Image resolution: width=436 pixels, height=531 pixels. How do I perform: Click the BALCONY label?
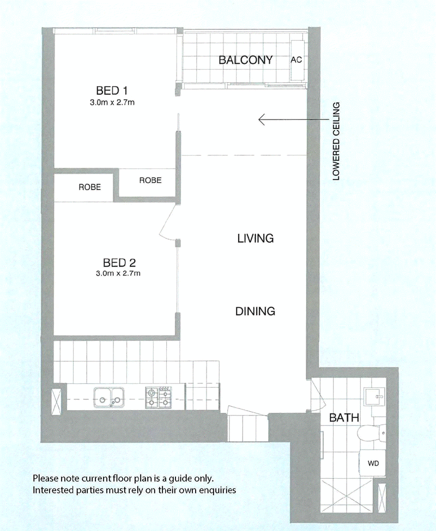click(245, 60)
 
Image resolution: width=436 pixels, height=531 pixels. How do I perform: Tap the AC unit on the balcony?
click(297, 60)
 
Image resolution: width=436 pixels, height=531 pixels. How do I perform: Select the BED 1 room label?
click(112, 90)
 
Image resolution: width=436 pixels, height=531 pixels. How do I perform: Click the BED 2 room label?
click(119, 263)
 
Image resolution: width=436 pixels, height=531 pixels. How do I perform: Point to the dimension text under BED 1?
click(112, 102)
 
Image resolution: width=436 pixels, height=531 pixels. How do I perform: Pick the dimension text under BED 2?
click(118, 273)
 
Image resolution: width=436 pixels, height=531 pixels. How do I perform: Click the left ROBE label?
click(90, 187)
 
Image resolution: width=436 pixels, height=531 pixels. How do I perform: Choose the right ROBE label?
click(150, 180)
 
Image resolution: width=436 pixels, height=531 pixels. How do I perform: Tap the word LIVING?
click(256, 239)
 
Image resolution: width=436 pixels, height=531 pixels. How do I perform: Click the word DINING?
click(255, 311)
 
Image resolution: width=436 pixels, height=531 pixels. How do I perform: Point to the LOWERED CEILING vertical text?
click(336, 141)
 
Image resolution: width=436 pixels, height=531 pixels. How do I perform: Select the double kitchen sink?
click(109, 398)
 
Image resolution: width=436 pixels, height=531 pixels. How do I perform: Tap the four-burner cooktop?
click(159, 398)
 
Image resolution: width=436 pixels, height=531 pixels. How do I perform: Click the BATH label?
click(344, 418)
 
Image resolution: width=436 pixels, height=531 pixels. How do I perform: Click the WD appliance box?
click(373, 463)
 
